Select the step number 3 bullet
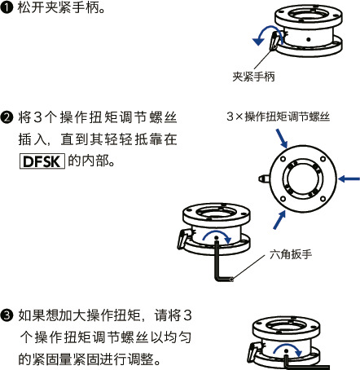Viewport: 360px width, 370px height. click(x=7, y=315)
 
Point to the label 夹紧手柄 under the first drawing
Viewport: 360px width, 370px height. click(x=253, y=77)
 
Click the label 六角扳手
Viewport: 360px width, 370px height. click(x=292, y=253)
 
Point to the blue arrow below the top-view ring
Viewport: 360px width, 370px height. click(x=280, y=218)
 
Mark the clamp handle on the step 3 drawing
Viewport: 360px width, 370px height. click(x=254, y=353)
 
